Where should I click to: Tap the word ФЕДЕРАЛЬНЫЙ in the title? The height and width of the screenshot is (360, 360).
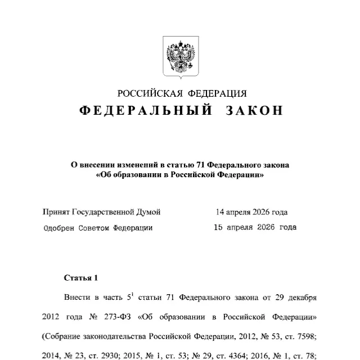point(145,111)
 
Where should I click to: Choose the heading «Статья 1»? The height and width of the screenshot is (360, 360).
point(81,278)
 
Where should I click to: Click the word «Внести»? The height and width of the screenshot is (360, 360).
point(76,297)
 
